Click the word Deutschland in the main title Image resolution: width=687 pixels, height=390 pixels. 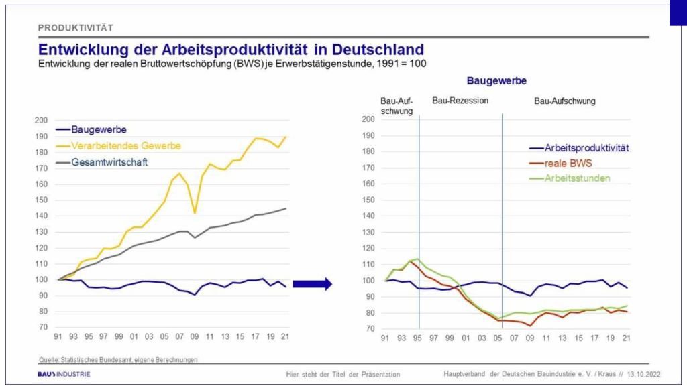click(x=368, y=50)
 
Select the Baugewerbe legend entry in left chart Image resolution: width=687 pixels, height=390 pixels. click(x=99, y=129)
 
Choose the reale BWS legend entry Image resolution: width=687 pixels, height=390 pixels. click(x=568, y=163)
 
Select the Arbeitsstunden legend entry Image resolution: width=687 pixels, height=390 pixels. click(x=577, y=178)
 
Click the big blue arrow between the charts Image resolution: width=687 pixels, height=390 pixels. click(x=313, y=284)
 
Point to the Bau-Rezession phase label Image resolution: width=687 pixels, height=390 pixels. click(x=460, y=101)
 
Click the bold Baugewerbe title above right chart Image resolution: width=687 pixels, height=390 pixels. click(x=496, y=80)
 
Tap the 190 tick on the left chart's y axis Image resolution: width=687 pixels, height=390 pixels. click(x=42, y=136)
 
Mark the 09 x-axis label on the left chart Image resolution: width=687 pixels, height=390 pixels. click(x=195, y=337)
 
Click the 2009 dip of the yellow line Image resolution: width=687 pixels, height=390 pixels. click(x=195, y=212)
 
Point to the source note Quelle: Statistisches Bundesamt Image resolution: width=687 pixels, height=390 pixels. click(x=117, y=360)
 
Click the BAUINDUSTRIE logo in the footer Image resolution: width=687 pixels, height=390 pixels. click(x=64, y=374)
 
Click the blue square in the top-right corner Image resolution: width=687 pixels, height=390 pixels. click(x=678, y=13)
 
